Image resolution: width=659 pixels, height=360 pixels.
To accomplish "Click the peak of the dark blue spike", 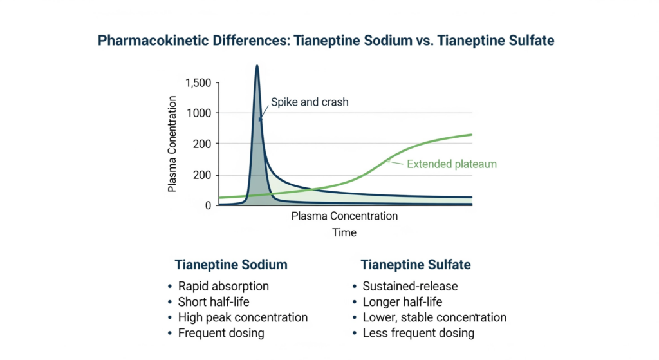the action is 257,66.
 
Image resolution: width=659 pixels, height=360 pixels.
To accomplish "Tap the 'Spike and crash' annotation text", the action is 310,102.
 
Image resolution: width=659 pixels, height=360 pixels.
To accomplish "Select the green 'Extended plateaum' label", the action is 451,164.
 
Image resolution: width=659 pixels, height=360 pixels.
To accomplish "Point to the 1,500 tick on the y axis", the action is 198,83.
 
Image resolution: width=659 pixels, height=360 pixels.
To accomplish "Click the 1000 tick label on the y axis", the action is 200,113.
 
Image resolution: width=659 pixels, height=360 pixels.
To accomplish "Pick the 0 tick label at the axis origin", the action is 208,205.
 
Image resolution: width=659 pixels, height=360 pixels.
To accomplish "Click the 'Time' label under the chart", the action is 344,232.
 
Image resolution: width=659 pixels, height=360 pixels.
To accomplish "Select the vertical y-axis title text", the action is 172,144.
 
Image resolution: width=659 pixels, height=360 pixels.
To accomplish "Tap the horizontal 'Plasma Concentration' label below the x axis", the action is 344,216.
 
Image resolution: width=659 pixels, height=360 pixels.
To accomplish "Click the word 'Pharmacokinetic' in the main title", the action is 153,41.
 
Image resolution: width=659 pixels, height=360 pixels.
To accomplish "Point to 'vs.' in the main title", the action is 425,41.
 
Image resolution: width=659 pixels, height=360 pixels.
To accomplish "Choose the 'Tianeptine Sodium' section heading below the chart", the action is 231,265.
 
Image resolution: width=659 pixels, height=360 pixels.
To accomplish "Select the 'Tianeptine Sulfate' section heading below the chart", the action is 415,265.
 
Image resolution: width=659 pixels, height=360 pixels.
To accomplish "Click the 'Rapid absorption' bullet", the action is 223,286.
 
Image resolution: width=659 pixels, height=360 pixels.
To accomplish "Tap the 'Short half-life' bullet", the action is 214,301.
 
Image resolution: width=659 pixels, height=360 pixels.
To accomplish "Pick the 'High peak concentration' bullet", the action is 243,317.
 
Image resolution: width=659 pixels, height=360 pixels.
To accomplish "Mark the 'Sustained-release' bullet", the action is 410,286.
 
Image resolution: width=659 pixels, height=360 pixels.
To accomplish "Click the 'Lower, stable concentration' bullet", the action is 434,317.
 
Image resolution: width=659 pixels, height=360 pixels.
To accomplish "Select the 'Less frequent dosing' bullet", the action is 418,333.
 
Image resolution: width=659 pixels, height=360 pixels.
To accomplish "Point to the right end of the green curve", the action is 472,135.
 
